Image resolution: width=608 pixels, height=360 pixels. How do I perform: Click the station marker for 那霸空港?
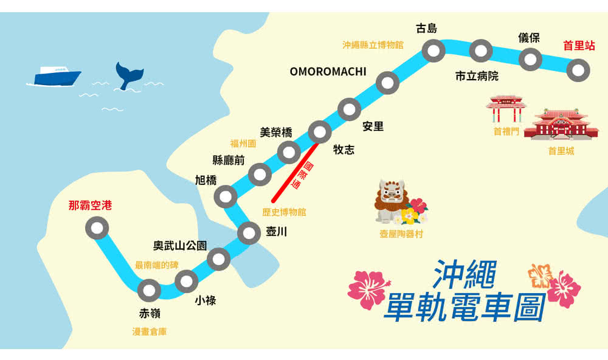point(97,229)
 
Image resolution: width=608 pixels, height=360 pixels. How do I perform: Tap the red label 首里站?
point(578,46)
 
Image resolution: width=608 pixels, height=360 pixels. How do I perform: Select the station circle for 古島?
point(434,52)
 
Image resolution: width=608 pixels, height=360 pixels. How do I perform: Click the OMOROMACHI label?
point(328,72)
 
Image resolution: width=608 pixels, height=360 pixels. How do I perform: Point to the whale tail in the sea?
point(130,75)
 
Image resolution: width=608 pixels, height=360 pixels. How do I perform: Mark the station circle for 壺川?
point(249,233)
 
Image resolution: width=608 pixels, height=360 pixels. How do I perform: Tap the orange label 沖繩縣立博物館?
point(373,45)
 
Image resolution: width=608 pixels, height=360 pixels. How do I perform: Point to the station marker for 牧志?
point(319,131)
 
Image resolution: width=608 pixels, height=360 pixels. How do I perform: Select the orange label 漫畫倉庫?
point(150,332)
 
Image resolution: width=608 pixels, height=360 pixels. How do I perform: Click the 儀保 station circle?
point(530,60)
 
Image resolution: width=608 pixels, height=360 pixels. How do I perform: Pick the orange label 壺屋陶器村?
point(401,234)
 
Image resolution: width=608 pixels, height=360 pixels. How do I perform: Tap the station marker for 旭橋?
point(226,196)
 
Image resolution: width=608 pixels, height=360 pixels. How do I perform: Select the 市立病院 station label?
point(477,77)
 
